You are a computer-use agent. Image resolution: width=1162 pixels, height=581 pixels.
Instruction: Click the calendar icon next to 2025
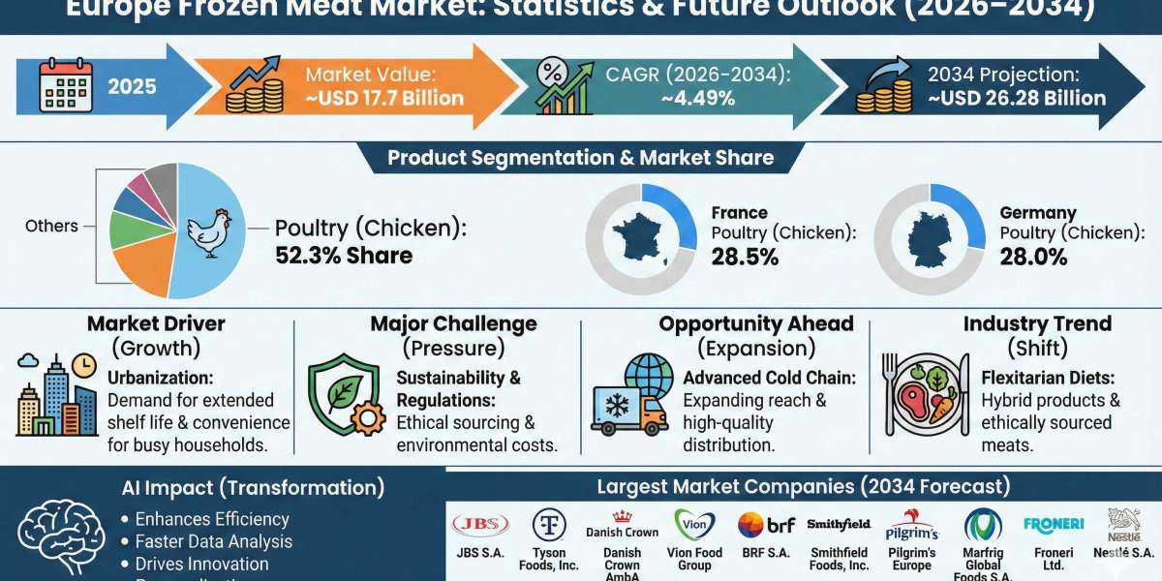click(66, 85)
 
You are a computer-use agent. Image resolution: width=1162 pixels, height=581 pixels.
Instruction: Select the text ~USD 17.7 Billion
click(384, 98)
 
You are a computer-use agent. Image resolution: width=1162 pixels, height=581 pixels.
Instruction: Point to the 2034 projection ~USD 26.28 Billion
click(1016, 98)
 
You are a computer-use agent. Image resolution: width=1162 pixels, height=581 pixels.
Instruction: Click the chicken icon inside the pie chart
click(208, 231)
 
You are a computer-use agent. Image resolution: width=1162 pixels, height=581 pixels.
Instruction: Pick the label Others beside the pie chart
click(52, 226)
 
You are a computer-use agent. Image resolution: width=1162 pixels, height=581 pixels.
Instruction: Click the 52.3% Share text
click(344, 256)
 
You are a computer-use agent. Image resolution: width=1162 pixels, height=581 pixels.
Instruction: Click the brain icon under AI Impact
click(63, 541)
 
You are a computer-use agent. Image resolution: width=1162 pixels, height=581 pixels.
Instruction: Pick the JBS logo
click(479, 525)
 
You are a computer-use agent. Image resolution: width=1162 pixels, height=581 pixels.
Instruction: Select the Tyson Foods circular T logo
click(549, 525)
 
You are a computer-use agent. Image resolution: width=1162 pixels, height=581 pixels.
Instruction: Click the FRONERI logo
click(1053, 524)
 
